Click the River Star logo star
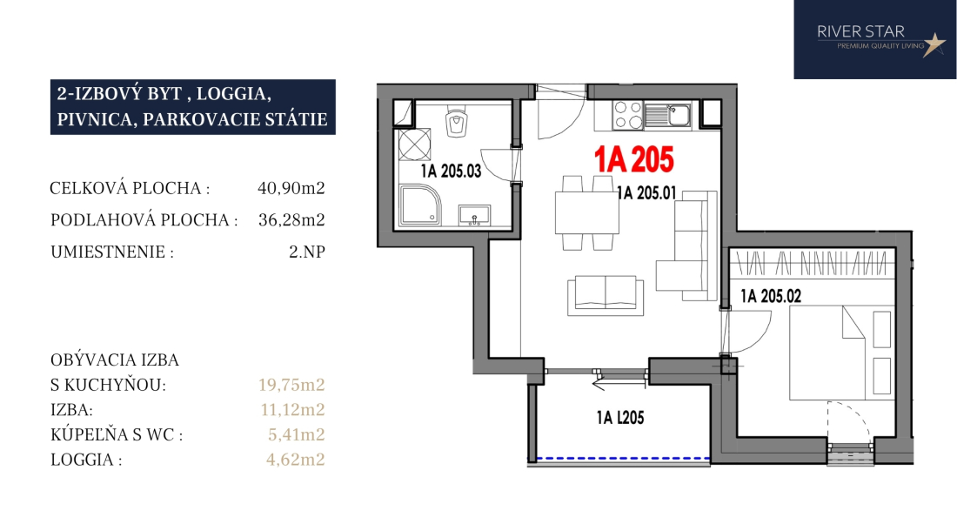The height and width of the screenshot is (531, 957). point(934,44)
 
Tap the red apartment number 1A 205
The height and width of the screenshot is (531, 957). point(634,159)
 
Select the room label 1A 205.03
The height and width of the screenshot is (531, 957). point(451,171)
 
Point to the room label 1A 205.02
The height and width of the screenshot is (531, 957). point(771,296)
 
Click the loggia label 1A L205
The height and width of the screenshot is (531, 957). point(620,418)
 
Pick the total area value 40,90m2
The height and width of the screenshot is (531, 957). point(291,188)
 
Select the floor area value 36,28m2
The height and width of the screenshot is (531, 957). point(291,219)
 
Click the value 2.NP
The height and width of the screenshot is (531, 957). point(307,252)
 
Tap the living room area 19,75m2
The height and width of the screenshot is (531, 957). point(291,385)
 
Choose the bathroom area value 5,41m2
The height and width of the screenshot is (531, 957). point(296,434)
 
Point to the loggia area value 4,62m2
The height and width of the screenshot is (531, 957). point(296,460)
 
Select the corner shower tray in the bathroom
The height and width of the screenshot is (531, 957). point(420,205)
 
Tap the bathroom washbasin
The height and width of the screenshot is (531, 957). point(475,216)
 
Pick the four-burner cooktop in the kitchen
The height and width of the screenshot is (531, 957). point(628,115)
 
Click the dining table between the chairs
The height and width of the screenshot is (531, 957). point(587,213)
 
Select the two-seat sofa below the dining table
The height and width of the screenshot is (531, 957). point(606,295)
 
